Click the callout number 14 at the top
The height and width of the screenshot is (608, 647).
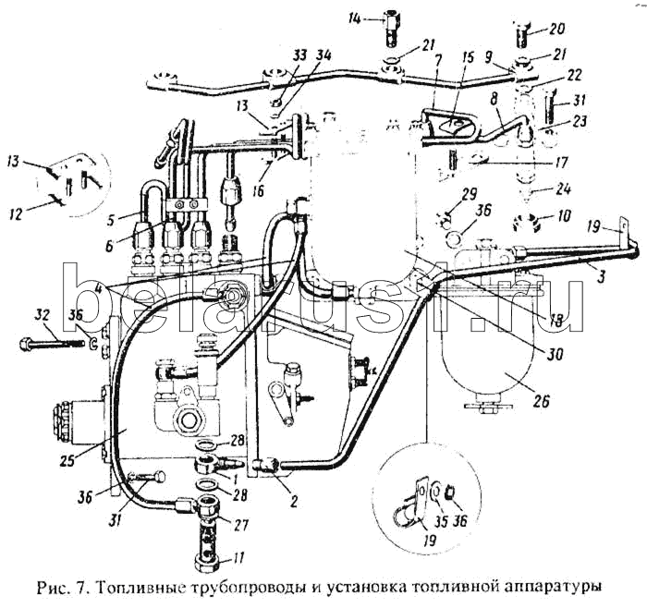356,17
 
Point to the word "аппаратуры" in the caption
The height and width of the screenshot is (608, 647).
552,587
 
